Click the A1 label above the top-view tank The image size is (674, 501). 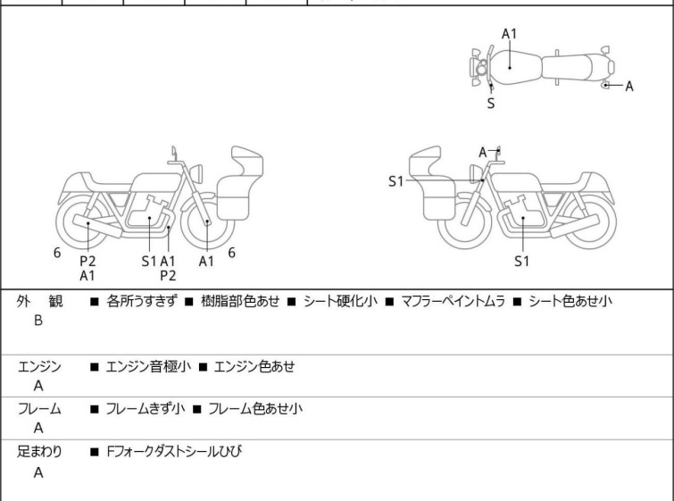click(509, 34)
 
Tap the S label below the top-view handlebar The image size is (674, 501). click(491, 104)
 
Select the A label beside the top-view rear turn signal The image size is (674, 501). click(629, 87)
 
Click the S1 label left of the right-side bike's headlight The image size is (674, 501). click(395, 181)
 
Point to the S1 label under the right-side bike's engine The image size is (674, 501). click(522, 261)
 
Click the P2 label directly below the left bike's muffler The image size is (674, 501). click(87, 261)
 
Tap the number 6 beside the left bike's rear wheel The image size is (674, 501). click(57, 253)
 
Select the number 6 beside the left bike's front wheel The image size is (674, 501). click(231, 253)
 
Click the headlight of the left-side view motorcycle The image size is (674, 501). click(196, 173)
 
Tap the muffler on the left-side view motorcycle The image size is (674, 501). click(97, 226)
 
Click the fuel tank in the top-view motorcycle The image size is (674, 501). click(515, 67)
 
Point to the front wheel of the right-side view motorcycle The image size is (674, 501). click(464, 221)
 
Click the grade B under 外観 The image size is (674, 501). click(38, 321)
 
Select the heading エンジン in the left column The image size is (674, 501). click(39, 367)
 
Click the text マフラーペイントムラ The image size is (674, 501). click(453, 301)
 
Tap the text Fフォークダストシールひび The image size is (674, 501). click(174, 451)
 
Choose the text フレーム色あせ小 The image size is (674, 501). click(255, 408)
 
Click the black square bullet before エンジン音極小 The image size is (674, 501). click(95, 367)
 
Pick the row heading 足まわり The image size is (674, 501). click(39, 452)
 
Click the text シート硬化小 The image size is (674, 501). click(340, 301)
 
